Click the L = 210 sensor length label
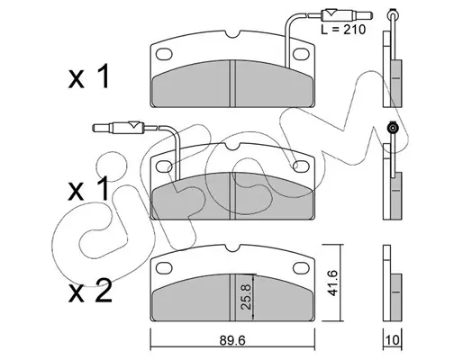tap(343, 30)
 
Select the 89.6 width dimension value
tap(232, 340)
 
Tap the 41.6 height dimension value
tap(332, 283)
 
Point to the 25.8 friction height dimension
tap(246, 297)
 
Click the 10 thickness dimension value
tap(393, 340)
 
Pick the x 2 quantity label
tap(90, 291)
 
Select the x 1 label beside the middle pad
tap(88, 188)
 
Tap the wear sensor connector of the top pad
tap(347, 14)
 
